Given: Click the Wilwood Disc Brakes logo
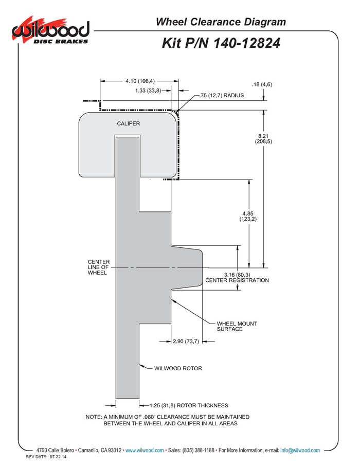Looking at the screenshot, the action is click(50, 31).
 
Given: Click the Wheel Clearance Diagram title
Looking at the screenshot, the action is click(221, 22).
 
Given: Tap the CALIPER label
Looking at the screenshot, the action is click(129, 123).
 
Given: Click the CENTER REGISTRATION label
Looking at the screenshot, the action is click(237, 280).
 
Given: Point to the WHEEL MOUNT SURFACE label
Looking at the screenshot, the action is click(237, 326).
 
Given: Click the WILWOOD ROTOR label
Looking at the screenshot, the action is click(178, 368).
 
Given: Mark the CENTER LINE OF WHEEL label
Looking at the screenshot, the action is click(99, 267).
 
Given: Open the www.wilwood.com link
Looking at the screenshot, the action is click(145, 450).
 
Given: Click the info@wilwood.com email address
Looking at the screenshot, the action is click(300, 450).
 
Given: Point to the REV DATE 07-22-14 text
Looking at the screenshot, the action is click(46, 457).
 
